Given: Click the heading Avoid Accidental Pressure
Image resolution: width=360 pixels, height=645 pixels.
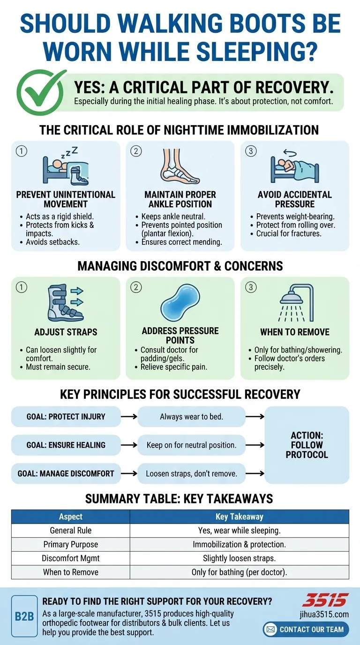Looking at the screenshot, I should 294,199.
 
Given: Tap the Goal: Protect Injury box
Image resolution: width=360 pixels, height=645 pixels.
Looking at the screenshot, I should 66,416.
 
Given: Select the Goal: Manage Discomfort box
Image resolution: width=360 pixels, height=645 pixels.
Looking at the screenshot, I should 66,473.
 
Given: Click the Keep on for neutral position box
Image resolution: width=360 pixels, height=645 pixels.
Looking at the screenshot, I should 191,445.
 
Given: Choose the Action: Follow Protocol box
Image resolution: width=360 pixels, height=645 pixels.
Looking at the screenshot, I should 307,445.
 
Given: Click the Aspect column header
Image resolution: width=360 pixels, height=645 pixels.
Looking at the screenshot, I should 71,517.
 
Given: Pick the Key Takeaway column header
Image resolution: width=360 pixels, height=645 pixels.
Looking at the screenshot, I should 239,517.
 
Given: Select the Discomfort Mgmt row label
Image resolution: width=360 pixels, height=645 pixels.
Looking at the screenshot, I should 71,558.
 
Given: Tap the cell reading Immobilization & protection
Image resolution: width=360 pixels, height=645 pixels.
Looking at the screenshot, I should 239,545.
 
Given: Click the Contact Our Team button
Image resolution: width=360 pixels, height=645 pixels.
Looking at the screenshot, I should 306,629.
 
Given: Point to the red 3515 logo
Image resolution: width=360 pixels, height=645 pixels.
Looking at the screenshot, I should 325,600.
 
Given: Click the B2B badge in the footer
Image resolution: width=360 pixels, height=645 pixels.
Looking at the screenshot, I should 24,616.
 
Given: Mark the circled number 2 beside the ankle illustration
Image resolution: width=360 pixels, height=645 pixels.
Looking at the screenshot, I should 136,151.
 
